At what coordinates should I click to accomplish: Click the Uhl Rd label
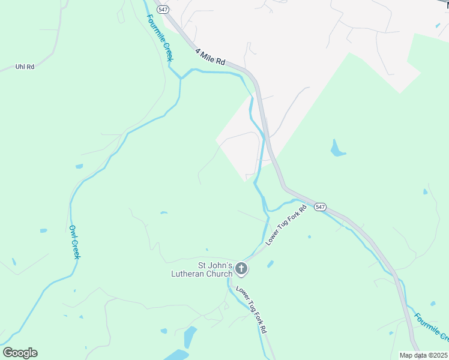pyautogui.click(x=25, y=67)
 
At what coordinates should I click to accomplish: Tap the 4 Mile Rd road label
pyautogui.click(x=210, y=57)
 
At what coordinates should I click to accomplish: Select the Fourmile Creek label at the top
pyautogui.click(x=160, y=37)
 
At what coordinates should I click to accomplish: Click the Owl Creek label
pyautogui.click(x=74, y=242)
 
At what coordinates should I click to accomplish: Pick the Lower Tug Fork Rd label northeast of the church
pyautogui.click(x=286, y=224)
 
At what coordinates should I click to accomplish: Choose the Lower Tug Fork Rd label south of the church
pyautogui.click(x=252, y=310)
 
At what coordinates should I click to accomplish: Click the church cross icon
pyautogui.click(x=241, y=269)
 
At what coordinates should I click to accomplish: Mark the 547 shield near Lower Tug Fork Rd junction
pyautogui.click(x=320, y=206)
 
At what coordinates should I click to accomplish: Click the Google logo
pyautogui.click(x=20, y=353)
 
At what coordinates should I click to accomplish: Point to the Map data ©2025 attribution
pyautogui.click(x=423, y=355)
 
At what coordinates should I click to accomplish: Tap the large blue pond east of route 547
pyautogui.click(x=337, y=148)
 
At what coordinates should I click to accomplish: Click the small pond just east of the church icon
pyautogui.click(x=270, y=263)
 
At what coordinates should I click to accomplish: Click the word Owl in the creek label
pyautogui.click(x=72, y=230)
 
